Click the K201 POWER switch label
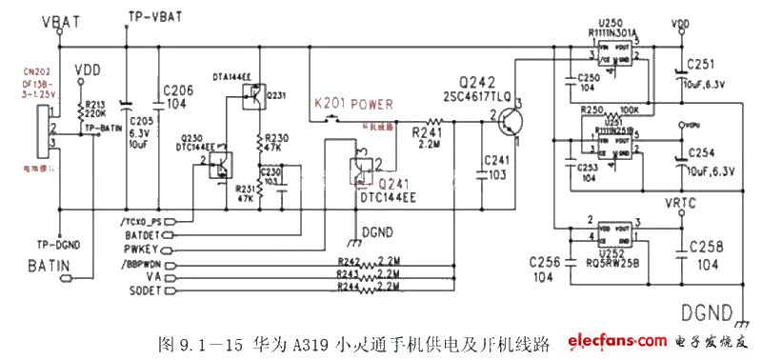[352, 103]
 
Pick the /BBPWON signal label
[140, 262]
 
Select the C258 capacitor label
[707, 246]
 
